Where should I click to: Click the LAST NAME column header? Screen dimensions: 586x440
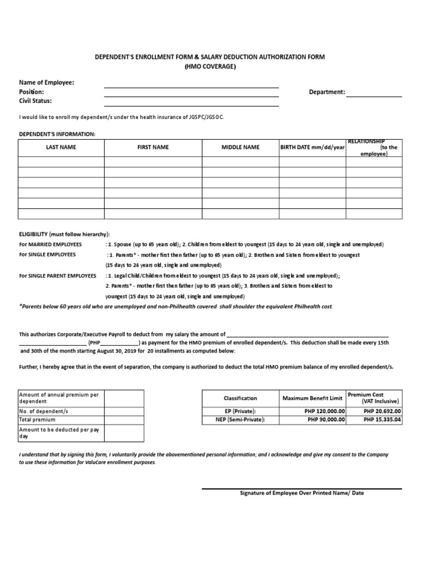click(61, 147)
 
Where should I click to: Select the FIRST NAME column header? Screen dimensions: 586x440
click(153, 147)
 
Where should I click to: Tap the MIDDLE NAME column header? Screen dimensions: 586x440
click(240, 147)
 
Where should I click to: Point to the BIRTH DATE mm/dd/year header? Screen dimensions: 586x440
click(312, 147)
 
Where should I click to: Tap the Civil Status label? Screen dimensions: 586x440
click(36, 101)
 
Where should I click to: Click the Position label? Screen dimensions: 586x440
click(32, 92)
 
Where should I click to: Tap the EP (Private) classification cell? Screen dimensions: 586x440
click(240, 411)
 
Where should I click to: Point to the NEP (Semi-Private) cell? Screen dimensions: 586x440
click(240, 419)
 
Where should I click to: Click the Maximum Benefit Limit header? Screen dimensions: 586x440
click(312, 398)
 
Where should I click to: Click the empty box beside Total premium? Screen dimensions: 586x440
click(124, 419)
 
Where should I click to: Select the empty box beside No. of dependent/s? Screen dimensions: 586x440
click(124, 411)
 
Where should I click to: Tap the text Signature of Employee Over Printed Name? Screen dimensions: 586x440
click(301, 493)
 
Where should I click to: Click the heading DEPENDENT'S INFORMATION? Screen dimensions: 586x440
click(57, 133)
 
